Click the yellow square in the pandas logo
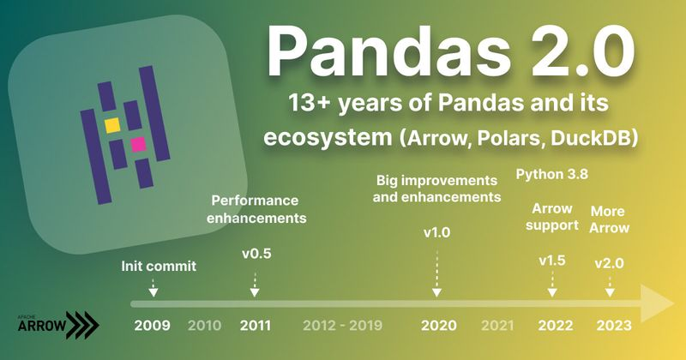[x=111, y=125]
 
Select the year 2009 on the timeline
[x=152, y=326]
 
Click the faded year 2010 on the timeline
[x=204, y=326]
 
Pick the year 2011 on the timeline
[x=255, y=326]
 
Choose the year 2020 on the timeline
[x=438, y=326]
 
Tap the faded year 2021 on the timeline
[x=497, y=326]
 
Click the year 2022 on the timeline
[x=554, y=326]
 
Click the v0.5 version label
[x=256, y=253]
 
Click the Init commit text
[x=159, y=266]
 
